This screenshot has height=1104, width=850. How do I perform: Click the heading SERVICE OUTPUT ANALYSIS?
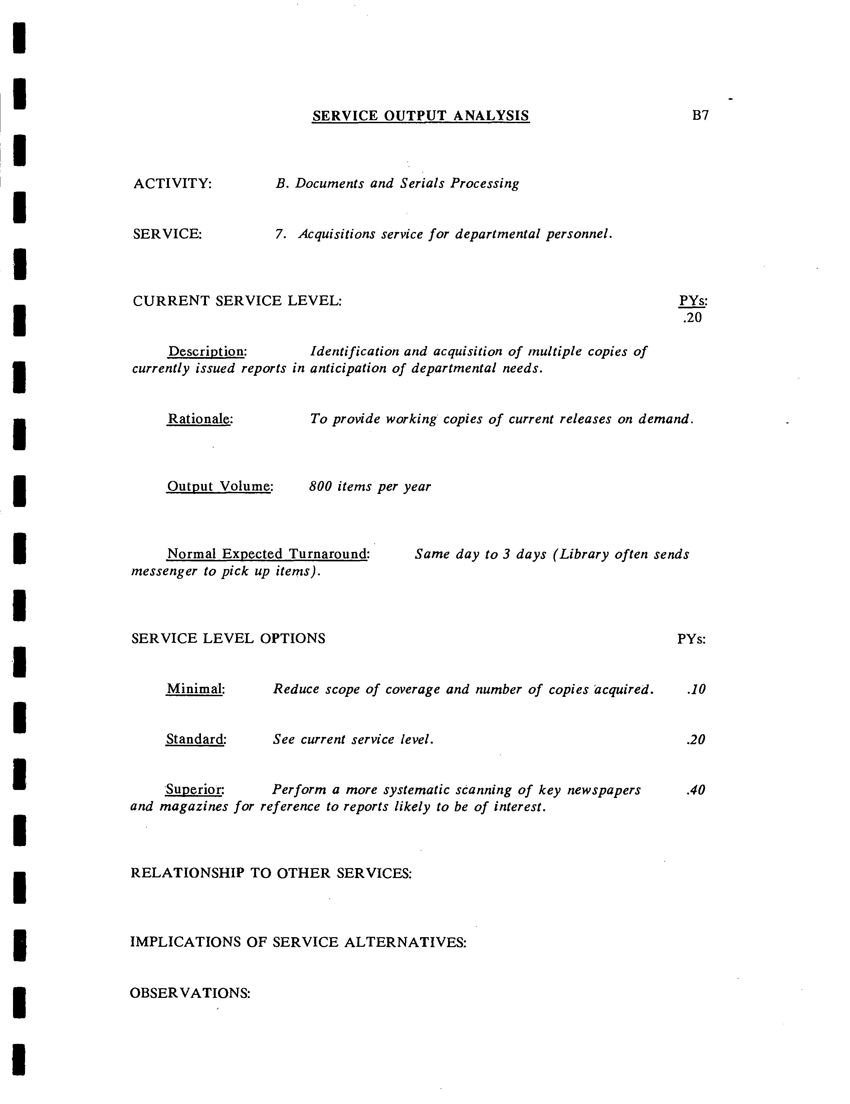[420, 116]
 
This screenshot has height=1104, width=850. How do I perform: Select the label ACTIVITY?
[172, 184]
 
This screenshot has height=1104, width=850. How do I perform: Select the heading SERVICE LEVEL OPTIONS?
[228, 638]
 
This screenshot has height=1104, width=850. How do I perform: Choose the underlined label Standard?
[196, 740]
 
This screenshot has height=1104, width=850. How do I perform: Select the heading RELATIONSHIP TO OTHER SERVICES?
[271, 873]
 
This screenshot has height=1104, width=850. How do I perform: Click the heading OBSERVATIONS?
[190, 993]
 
